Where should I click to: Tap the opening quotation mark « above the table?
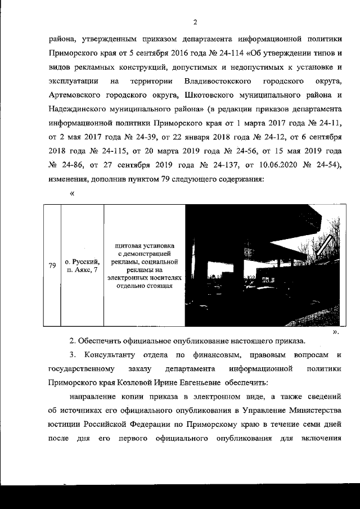point(72,193)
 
